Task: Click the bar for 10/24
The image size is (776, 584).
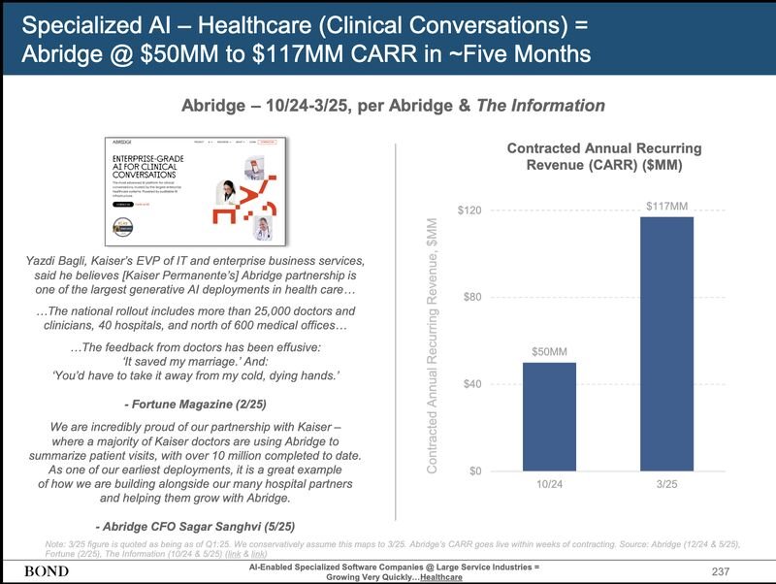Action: tap(550, 416)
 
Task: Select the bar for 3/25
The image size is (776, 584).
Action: tap(666, 343)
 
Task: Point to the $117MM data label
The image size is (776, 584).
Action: tap(666, 206)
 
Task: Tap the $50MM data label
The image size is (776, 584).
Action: tap(550, 351)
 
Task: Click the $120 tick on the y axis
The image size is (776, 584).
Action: tap(471, 211)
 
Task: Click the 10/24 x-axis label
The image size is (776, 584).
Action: tap(550, 484)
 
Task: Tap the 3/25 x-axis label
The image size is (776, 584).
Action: tap(666, 484)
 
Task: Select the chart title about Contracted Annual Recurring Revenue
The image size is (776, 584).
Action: tap(604, 157)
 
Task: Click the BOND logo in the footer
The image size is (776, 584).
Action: tap(46, 570)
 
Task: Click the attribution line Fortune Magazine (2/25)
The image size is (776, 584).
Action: tap(196, 403)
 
